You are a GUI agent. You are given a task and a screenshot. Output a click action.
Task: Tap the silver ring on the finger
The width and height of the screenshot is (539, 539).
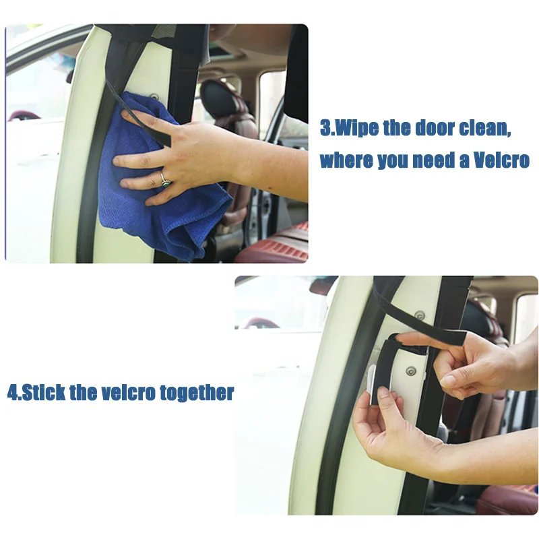pyautogui.click(x=164, y=179)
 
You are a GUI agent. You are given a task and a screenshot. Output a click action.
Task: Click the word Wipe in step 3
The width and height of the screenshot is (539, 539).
pyautogui.click(x=356, y=128)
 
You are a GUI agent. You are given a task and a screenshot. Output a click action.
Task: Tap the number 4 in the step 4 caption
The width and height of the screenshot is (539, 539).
pyautogui.click(x=11, y=393)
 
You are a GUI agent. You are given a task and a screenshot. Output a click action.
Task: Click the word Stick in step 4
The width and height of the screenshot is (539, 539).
pyautogui.click(x=43, y=393)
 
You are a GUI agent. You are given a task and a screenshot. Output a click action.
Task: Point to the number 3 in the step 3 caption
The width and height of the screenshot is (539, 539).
pyautogui.click(x=326, y=128)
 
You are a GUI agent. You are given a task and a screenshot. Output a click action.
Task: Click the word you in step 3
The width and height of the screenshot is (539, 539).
pyautogui.click(x=398, y=162)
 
